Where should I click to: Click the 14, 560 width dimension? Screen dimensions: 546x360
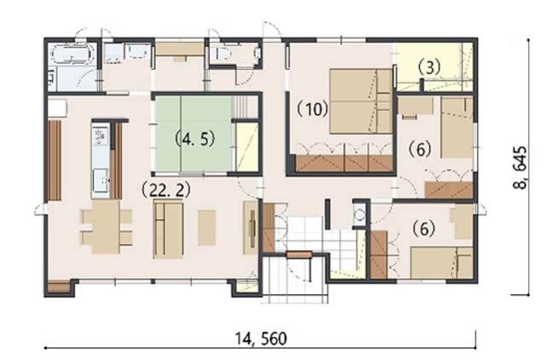click(x=261, y=339)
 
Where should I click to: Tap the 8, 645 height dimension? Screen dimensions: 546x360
click(x=520, y=168)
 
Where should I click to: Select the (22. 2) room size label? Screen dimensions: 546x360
click(x=166, y=189)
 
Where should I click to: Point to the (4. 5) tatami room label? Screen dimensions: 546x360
click(x=195, y=139)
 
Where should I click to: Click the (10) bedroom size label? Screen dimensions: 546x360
click(x=312, y=109)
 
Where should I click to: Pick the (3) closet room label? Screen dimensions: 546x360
click(x=429, y=67)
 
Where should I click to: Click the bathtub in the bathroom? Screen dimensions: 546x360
click(x=72, y=55)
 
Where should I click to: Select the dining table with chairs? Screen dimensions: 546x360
click(x=107, y=227)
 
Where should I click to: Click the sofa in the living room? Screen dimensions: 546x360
click(x=169, y=230)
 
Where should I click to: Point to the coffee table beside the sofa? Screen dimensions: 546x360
click(x=206, y=228)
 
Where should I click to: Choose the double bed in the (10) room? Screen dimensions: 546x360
click(x=361, y=102)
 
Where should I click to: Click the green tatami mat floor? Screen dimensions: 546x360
click(x=194, y=134)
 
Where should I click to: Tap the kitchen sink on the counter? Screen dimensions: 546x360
click(x=101, y=181)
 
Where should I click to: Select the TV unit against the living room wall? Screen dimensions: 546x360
click(x=250, y=228)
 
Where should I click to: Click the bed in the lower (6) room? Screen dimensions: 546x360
click(x=442, y=263)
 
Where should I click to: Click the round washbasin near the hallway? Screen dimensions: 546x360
click(x=359, y=215)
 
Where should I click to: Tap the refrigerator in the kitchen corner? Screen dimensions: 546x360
click(x=57, y=108)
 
